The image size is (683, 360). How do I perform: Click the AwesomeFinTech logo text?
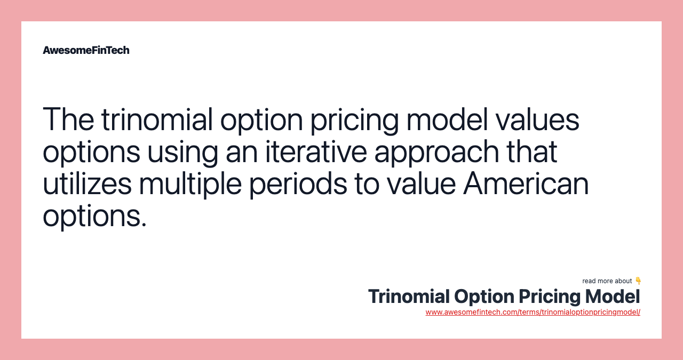86,50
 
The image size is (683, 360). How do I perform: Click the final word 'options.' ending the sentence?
94,216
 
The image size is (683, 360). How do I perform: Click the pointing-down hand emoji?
638,281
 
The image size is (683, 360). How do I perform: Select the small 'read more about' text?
607,281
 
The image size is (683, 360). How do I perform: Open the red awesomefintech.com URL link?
533,312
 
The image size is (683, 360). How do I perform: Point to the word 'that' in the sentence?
534,151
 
